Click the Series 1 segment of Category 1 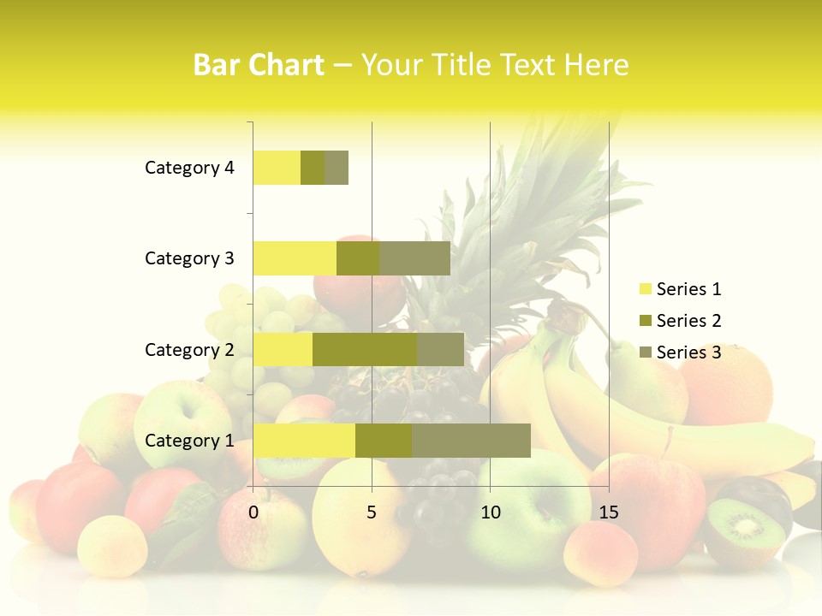tap(304, 441)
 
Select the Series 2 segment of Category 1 tap(384, 441)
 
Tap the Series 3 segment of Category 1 tap(471, 441)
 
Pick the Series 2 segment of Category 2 tap(365, 349)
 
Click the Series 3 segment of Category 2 tap(440, 349)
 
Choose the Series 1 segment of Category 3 tap(295, 258)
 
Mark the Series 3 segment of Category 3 tap(414, 258)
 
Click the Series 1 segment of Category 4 tap(277, 168)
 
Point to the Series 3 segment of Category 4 tap(337, 168)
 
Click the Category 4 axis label tap(189, 168)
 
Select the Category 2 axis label tap(189, 349)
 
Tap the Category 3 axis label tap(189, 258)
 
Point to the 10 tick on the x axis tap(490, 512)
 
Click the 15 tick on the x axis tap(608, 512)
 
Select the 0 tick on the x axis tap(253, 512)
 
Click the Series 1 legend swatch tap(645, 289)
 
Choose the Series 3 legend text tap(688, 352)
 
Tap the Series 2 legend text tap(688, 321)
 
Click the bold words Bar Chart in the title tap(259, 65)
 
